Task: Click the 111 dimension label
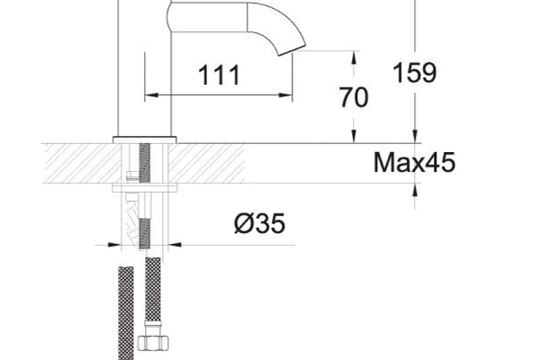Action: [219, 75]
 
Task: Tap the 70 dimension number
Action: [354, 97]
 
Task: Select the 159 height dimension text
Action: [415, 73]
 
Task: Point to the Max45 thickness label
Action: [414, 162]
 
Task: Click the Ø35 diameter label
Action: [260, 223]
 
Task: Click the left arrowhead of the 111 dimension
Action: [151, 94]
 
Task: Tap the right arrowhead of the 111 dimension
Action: [285, 94]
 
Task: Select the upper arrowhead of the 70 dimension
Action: [354, 58]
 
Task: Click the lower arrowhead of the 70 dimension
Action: [354, 136]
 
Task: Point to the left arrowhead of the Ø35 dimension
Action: [114, 245]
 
